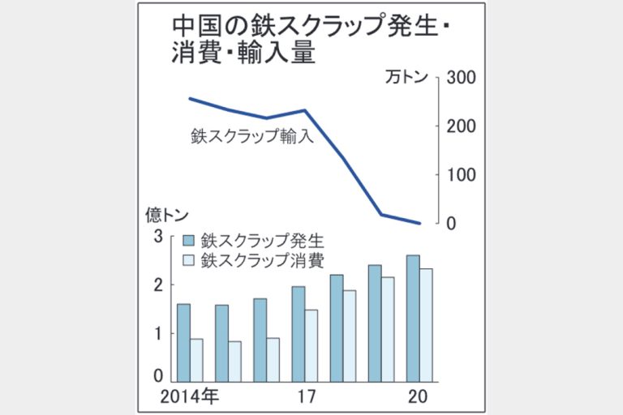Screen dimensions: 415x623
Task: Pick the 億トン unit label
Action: (x=167, y=215)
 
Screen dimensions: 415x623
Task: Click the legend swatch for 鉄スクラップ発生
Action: (x=189, y=241)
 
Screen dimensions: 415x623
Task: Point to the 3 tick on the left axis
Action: (x=158, y=237)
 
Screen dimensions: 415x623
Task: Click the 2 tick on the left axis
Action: (x=158, y=285)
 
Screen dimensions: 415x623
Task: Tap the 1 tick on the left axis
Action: (x=158, y=333)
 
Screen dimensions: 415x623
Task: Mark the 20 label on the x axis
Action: (x=417, y=396)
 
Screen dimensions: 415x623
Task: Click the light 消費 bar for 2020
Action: (x=426, y=324)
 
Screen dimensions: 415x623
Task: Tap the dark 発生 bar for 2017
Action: (x=298, y=333)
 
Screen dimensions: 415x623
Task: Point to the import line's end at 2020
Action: (x=419, y=223)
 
